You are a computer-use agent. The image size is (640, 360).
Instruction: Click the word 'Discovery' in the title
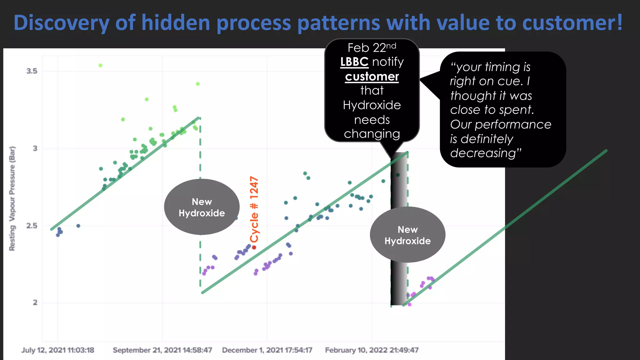[61, 23]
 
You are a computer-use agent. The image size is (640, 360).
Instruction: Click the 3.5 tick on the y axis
[32, 71]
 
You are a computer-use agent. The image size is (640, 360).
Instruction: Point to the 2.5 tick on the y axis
[32, 226]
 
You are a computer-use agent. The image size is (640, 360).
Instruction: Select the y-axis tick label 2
[35, 302]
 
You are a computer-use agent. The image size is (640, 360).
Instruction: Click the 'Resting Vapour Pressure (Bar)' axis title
[12, 198]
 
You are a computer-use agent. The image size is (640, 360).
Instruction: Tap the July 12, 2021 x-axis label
[58, 350]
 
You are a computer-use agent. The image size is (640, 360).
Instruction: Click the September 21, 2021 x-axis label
[162, 350]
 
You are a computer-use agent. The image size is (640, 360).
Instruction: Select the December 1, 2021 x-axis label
[267, 350]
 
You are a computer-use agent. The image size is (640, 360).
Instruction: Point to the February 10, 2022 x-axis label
[372, 350]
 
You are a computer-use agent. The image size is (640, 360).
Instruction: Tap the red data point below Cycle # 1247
[254, 247]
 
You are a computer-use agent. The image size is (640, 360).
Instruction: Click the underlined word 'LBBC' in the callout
[354, 62]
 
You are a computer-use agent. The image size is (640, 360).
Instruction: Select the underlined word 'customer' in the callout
[372, 77]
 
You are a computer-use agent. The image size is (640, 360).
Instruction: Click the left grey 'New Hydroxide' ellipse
[202, 207]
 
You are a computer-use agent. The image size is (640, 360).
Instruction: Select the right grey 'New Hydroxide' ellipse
[407, 235]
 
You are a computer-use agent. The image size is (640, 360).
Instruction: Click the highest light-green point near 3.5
[100, 65]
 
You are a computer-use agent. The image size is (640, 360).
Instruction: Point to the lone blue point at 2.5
[78, 226]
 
